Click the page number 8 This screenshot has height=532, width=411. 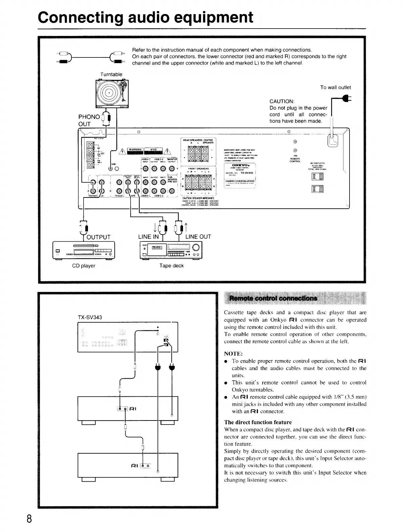29,519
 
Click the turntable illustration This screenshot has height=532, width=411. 112,94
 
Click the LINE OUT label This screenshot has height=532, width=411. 198,237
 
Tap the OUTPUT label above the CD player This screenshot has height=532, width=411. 98,237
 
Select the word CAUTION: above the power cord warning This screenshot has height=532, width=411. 282,101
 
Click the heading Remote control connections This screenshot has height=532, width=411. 273,298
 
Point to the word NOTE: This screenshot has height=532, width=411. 233,354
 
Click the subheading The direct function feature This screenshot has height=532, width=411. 258,422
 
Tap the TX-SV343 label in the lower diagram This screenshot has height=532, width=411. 90,317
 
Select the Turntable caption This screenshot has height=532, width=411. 111,74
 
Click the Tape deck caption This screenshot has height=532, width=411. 171,266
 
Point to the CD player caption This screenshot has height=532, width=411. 84,266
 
